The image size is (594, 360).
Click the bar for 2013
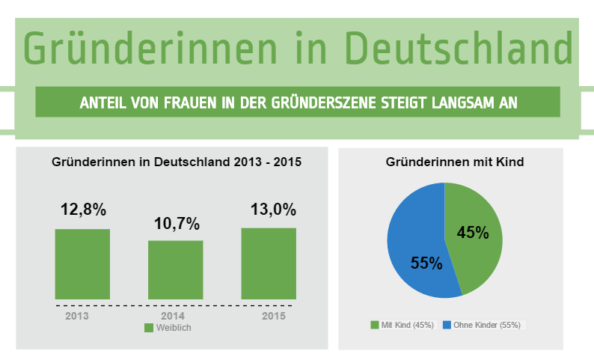pos(82,264)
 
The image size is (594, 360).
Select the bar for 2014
pos(176,270)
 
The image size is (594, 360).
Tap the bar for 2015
pos(269,263)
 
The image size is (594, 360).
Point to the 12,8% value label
pos(83,210)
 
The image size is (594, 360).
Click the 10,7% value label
pos(177,223)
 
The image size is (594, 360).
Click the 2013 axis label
pos(77,317)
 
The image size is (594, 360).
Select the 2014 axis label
pos(173,317)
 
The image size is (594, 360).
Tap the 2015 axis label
pos(273,317)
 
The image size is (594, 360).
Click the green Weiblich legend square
pos(148,328)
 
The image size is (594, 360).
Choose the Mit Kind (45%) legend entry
pos(402,325)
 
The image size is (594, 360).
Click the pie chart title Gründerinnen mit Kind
pos(454,161)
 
